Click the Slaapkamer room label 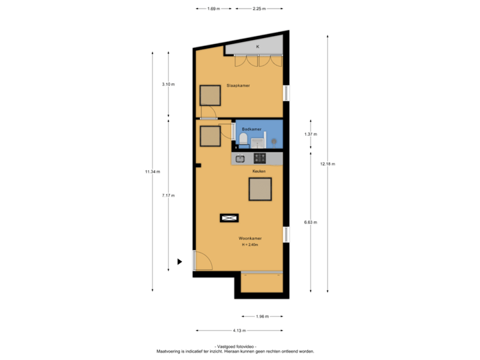(x=238, y=85)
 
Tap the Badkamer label (x=251, y=129)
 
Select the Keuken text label (x=259, y=171)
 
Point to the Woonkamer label (x=250, y=238)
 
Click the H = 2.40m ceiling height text (x=250, y=245)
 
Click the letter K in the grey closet (x=257, y=47)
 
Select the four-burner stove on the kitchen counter (x=259, y=158)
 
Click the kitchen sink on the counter (x=240, y=158)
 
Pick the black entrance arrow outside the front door (x=179, y=262)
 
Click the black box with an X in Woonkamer (x=229, y=217)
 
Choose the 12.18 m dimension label (x=327, y=163)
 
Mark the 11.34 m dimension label (x=152, y=171)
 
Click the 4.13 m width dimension (x=239, y=330)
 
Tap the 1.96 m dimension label (x=263, y=316)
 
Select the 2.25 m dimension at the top (x=259, y=9)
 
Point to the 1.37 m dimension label (x=311, y=134)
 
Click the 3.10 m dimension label (x=168, y=84)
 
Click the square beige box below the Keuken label (x=260, y=189)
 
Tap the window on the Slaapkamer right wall (x=286, y=93)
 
